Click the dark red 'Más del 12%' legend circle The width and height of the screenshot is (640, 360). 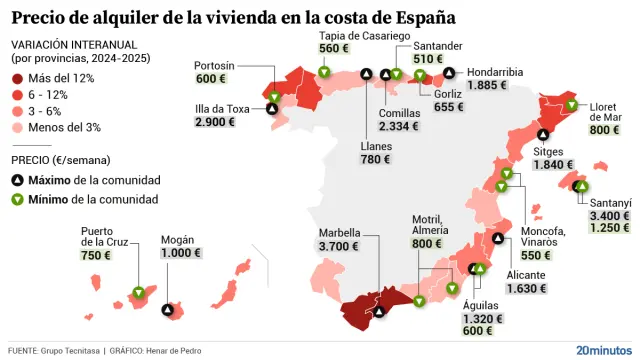coord(19,78)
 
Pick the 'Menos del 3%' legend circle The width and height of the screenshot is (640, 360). coord(19,126)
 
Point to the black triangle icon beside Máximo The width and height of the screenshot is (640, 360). coord(19,180)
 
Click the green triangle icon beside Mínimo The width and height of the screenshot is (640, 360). coord(19,200)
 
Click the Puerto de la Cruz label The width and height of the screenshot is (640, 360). coord(103,236)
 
